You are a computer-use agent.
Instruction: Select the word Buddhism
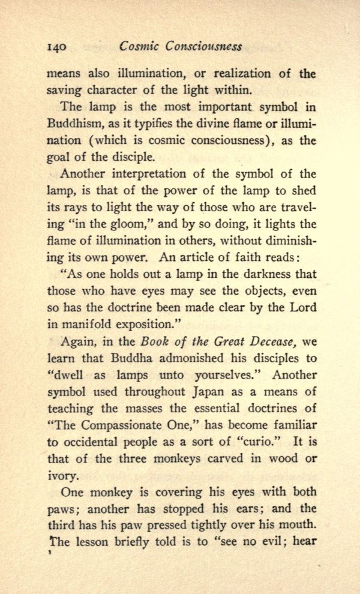71,125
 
